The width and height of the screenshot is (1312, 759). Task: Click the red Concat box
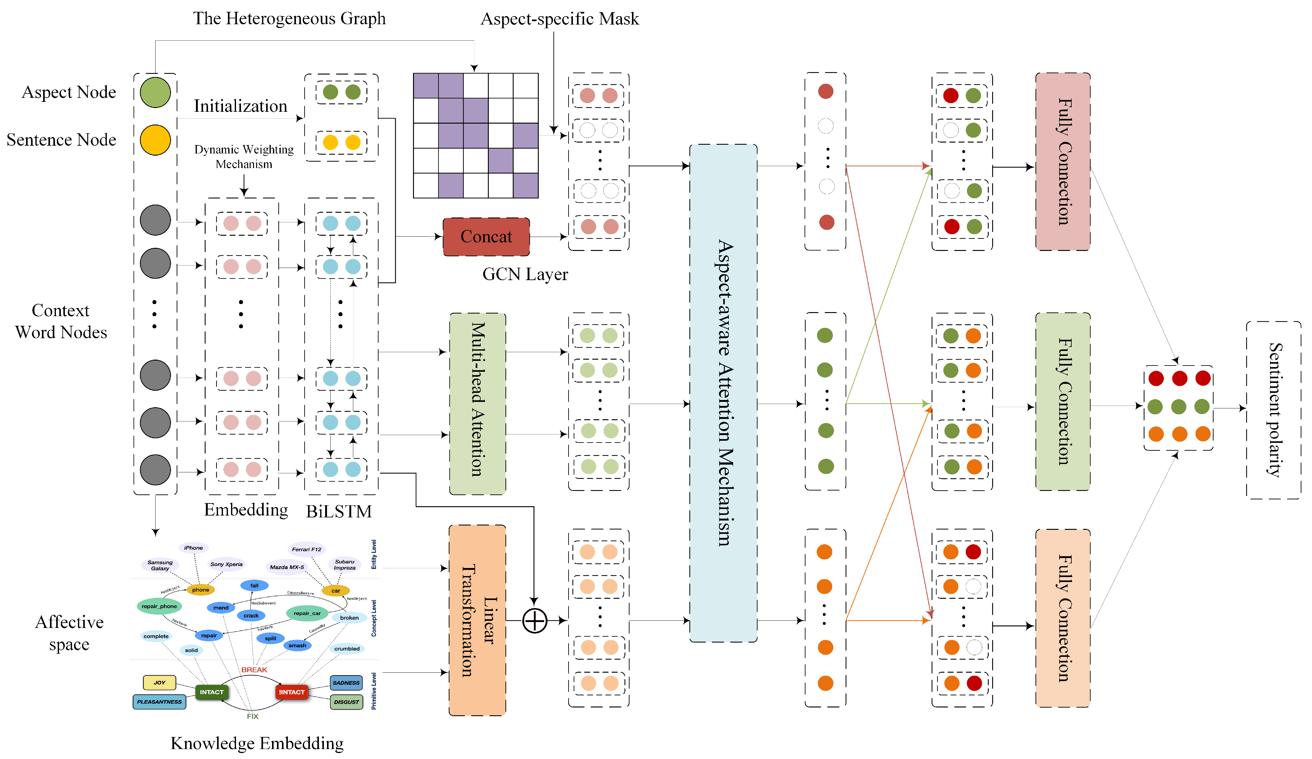(486, 237)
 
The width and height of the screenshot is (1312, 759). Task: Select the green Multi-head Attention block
(477, 403)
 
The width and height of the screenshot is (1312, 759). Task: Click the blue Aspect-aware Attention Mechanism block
(723, 393)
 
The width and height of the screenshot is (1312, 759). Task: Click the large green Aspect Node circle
(155, 93)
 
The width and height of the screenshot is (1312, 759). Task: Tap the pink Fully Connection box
(1063, 161)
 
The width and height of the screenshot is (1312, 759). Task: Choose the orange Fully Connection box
(1063, 618)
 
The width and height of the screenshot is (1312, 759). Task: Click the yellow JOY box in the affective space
(159, 682)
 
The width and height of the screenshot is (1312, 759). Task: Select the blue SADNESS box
(346, 682)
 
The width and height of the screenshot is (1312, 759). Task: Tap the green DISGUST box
(346, 702)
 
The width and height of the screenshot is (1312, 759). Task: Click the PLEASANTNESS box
(159, 702)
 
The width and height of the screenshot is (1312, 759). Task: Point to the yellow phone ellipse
(200, 590)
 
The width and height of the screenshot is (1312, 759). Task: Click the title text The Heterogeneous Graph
(289, 19)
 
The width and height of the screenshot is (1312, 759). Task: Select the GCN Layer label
(525, 274)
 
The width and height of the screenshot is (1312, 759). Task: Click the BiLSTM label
(339, 511)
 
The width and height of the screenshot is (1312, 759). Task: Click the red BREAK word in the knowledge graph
(254, 670)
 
